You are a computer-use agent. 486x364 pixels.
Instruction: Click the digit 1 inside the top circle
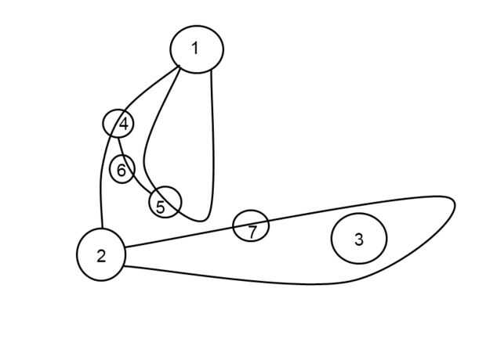tap(195, 49)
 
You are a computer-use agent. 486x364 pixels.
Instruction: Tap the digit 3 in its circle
tap(358, 240)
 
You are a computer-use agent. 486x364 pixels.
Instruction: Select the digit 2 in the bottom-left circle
tap(101, 256)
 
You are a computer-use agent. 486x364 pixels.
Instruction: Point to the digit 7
tap(252, 232)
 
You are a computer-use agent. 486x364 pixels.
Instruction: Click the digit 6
tap(121, 170)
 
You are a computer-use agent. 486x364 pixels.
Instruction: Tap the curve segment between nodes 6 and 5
tap(141, 182)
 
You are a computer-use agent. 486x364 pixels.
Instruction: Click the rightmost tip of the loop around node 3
tap(455, 204)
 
